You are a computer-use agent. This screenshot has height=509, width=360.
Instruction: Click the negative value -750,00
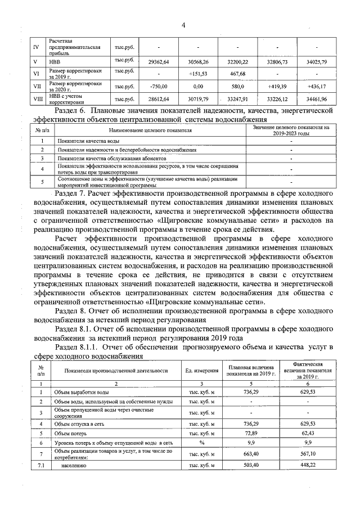[159, 87]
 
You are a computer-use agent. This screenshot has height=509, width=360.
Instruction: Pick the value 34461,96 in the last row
[317, 100]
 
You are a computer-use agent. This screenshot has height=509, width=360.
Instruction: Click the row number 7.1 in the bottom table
[40, 466]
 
